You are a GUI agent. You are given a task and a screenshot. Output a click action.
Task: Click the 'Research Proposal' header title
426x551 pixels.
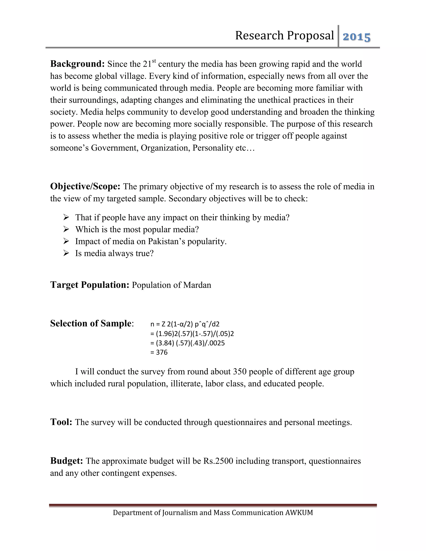coord(284,35)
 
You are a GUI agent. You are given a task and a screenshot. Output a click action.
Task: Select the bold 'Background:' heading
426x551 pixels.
coord(77,64)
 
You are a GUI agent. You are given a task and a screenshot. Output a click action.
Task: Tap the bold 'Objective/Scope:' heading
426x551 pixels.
coord(85,187)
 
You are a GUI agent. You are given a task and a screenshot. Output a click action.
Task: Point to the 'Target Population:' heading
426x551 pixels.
coord(90,285)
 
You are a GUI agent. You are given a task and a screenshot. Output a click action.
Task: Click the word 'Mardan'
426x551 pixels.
coord(197,285)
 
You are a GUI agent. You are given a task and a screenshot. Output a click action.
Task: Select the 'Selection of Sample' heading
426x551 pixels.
coord(91,324)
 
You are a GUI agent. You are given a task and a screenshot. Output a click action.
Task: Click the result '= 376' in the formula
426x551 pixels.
coord(159,352)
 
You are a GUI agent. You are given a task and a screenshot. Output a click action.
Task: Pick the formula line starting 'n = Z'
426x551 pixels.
coord(185,324)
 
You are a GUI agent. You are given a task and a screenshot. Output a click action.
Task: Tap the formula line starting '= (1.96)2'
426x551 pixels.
coord(192,334)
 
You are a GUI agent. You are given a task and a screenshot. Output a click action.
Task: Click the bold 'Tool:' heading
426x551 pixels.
coord(61,422)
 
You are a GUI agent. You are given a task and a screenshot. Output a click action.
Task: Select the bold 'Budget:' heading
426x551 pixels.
coord(67,461)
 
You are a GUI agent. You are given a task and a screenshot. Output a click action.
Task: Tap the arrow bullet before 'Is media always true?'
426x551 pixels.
coord(66,253)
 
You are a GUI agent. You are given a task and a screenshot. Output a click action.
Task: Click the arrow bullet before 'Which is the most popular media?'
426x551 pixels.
coord(66,229)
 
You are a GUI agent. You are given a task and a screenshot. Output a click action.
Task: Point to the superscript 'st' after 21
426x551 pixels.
coord(154,61)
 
